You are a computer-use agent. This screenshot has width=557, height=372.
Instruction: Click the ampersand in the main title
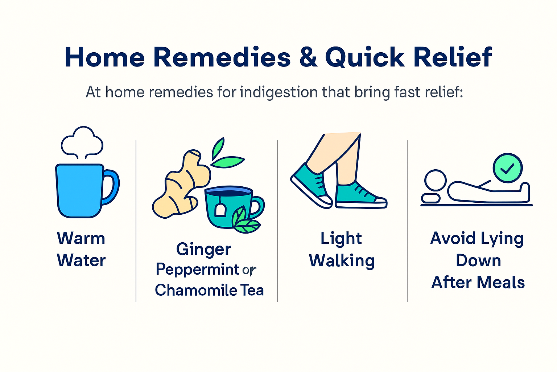(308, 57)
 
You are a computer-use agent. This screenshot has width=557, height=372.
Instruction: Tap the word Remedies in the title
(222, 57)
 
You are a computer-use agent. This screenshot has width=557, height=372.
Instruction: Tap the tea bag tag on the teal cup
(220, 210)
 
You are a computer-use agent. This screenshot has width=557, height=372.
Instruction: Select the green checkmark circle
(508, 168)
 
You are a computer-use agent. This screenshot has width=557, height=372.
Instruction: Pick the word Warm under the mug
(81, 239)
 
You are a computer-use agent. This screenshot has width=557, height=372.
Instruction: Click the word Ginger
(203, 250)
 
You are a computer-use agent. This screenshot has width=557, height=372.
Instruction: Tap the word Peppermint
(197, 270)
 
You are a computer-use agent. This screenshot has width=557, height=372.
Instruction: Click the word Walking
(342, 261)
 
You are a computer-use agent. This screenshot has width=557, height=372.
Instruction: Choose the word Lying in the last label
(502, 239)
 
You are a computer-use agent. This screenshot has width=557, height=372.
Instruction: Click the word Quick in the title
(365, 57)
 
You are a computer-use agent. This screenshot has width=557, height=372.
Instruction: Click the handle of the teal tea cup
(257, 207)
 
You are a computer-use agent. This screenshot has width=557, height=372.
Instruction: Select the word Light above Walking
(341, 239)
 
